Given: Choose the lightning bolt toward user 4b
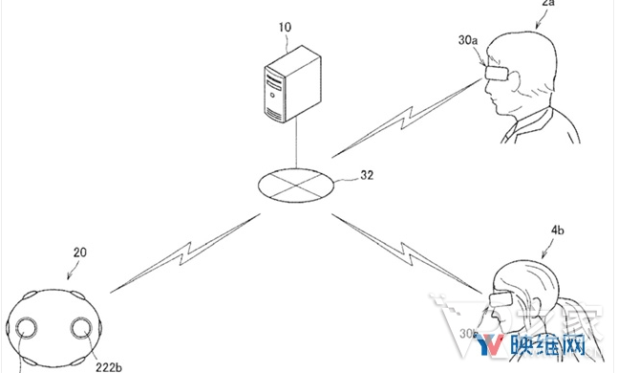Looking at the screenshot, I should [x=410, y=243].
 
